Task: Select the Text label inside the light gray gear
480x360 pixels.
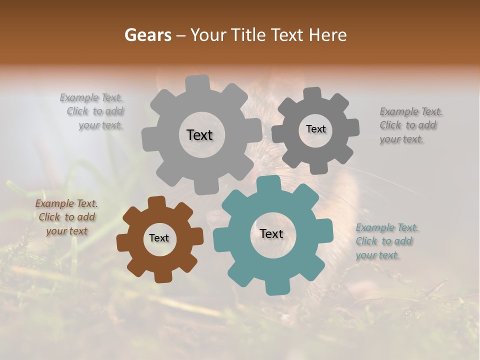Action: coord(199,135)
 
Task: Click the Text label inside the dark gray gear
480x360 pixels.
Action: coord(315,129)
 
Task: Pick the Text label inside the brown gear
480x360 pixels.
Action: coord(159,238)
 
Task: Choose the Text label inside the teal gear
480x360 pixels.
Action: coord(271,234)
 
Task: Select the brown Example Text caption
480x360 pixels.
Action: coord(66,217)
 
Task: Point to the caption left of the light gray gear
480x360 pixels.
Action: coord(92,111)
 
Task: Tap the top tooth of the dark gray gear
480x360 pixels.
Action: coord(312,94)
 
